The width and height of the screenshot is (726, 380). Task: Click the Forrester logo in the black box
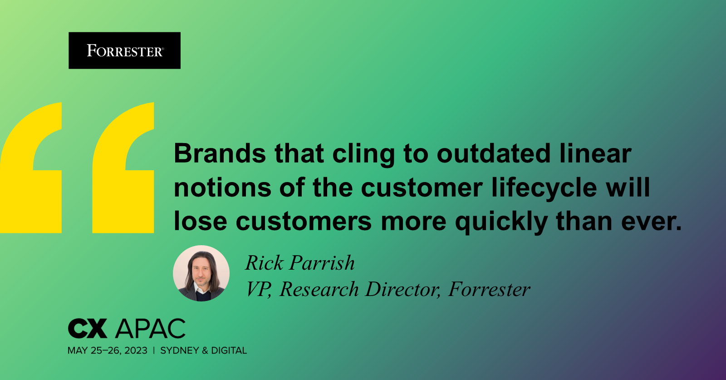coord(124,51)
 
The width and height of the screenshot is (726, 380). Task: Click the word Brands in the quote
coord(220,153)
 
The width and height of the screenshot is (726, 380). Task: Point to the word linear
coord(595,153)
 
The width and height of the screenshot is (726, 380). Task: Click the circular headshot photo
coord(201,273)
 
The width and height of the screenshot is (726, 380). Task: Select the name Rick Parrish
coord(300,263)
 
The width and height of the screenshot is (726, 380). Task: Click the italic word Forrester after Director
coord(489,289)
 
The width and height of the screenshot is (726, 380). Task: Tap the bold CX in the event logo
coord(88,328)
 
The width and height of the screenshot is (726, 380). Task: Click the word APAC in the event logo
coord(151,328)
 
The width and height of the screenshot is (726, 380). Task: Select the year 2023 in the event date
coord(136,350)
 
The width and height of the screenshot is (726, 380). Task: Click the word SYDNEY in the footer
coord(180,350)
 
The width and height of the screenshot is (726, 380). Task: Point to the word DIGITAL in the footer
coord(229,350)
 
